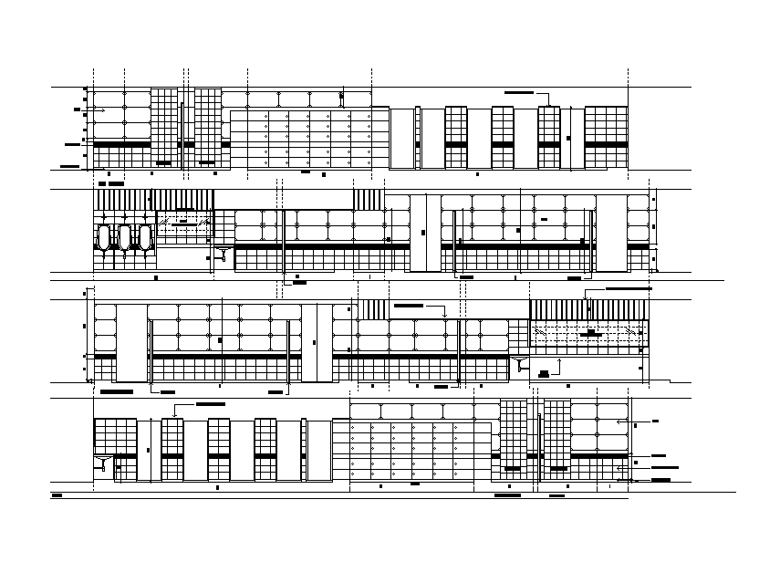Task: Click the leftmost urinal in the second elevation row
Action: click(x=104, y=239)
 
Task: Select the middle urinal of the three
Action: click(x=124, y=239)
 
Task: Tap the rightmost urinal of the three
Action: click(x=144, y=239)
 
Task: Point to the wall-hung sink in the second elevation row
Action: click(x=224, y=251)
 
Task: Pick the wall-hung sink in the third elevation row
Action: click(x=521, y=364)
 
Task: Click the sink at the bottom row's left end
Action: click(x=103, y=463)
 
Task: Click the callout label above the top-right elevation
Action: click(x=520, y=93)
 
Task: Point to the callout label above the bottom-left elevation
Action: click(x=210, y=403)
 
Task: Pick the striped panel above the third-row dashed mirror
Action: click(x=588, y=309)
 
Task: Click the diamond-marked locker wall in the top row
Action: click(x=300, y=140)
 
